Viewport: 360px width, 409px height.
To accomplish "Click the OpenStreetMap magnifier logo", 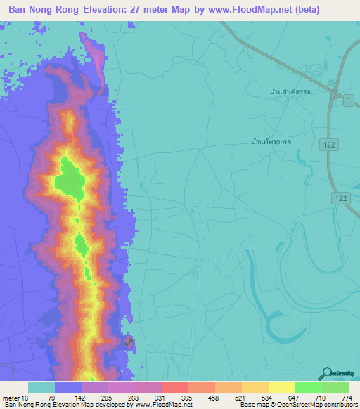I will tap(326, 373).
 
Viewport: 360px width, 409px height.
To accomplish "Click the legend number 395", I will tap(188, 398).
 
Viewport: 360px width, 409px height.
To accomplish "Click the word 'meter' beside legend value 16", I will tap(11, 398).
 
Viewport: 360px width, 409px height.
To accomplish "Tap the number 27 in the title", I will tap(150, 10).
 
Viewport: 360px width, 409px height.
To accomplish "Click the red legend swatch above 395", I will tap(175, 387).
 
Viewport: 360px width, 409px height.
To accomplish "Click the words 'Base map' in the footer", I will tap(251, 405).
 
